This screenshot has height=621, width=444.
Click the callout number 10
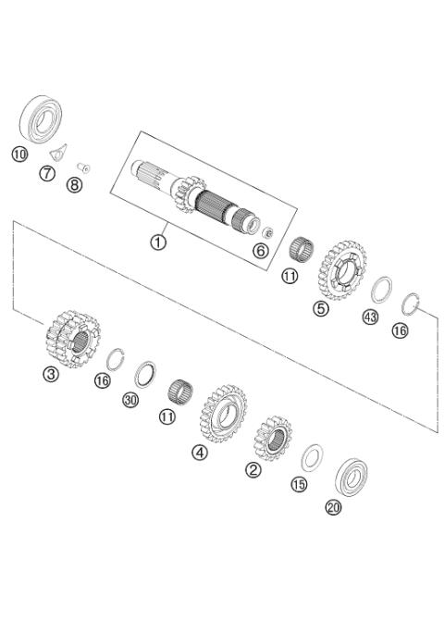click(x=18, y=154)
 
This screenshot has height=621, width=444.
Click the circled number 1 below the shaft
click(x=158, y=242)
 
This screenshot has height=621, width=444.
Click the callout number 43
click(x=371, y=317)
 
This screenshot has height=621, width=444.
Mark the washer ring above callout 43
click(x=380, y=288)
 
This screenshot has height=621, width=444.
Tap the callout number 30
click(x=129, y=400)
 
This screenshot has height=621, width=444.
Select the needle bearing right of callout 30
click(x=178, y=389)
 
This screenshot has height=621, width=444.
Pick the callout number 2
click(x=253, y=470)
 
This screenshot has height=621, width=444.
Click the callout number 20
click(x=333, y=507)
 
